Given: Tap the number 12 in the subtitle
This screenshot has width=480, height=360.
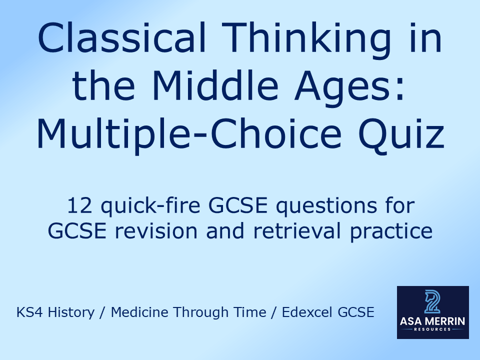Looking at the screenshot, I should click(78, 205).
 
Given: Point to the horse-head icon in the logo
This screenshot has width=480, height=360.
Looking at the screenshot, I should click(432, 301).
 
